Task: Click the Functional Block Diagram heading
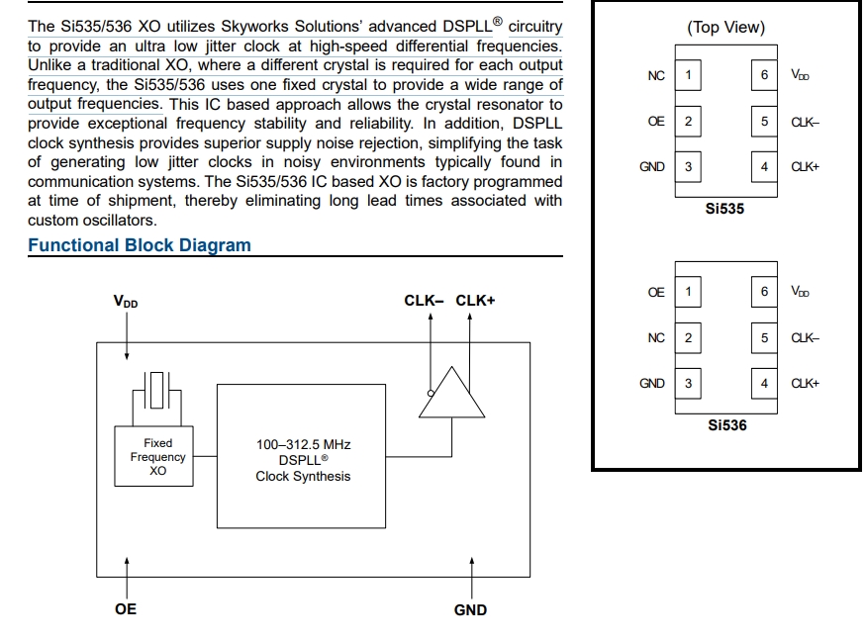click(139, 245)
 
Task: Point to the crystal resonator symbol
click(157, 391)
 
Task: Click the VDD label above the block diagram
click(126, 301)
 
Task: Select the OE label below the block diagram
click(126, 608)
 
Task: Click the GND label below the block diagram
click(470, 610)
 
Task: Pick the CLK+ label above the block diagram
click(475, 300)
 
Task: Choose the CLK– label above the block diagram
click(425, 300)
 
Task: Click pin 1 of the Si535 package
click(688, 75)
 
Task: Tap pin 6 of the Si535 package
click(764, 75)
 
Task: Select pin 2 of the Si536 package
click(688, 338)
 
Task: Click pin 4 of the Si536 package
click(764, 384)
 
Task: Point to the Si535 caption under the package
click(725, 209)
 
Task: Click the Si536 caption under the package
click(727, 425)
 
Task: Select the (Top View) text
click(725, 28)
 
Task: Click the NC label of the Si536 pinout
click(656, 338)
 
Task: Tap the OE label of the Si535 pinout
click(656, 122)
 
